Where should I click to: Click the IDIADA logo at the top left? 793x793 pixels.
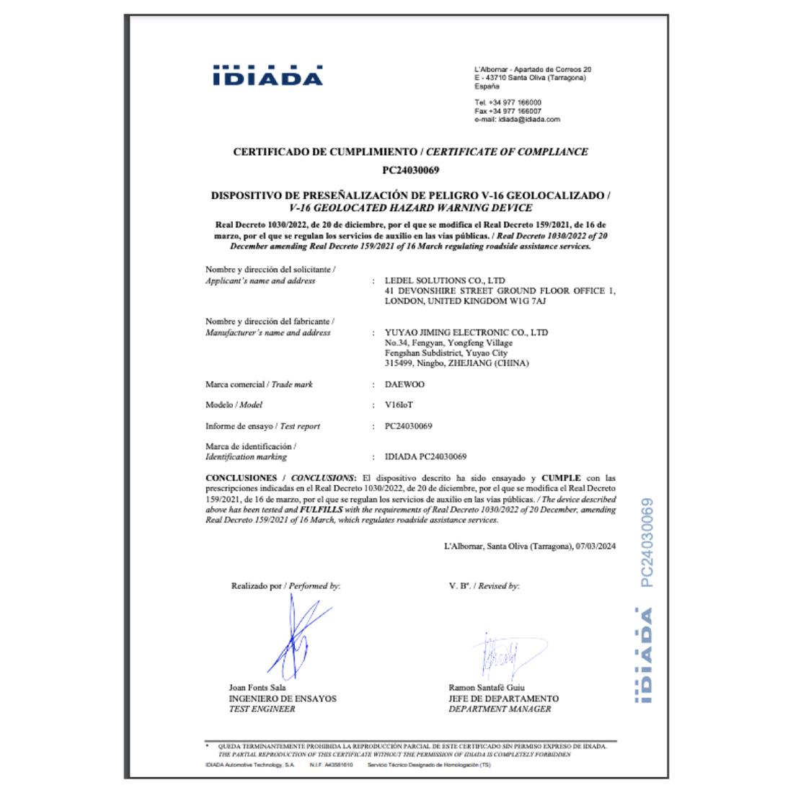(x=267, y=76)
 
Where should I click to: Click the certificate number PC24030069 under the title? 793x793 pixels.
(x=410, y=171)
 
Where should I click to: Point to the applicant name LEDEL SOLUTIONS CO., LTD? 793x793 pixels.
(x=445, y=280)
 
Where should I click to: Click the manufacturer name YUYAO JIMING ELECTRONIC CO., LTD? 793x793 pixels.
(x=466, y=332)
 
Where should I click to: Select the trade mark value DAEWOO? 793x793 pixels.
(x=404, y=384)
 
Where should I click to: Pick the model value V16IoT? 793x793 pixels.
(x=399, y=405)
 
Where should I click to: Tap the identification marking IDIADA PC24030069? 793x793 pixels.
(x=425, y=457)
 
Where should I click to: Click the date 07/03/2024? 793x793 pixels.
(x=596, y=546)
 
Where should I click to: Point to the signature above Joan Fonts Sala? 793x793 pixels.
(x=296, y=638)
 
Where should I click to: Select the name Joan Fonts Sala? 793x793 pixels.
(x=257, y=688)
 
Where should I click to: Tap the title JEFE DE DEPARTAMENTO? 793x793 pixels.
(x=503, y=699)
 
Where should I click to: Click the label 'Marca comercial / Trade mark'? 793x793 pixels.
(x=259, y=384)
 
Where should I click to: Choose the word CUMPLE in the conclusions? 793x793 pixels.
(x=561, y=478)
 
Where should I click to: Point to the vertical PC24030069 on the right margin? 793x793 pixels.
(x=647, y=542)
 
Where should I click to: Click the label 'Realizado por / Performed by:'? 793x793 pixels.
(x=285, y=586)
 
